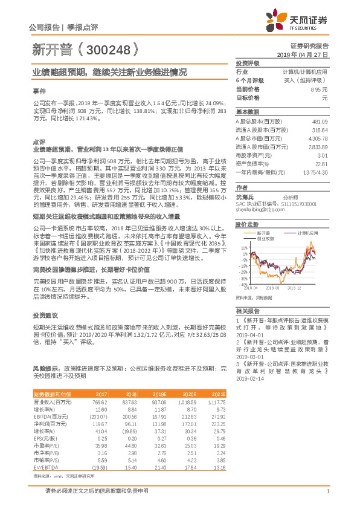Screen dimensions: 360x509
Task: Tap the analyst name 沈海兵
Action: pos(245,197)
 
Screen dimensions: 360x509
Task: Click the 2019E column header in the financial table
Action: pos(159,393)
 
